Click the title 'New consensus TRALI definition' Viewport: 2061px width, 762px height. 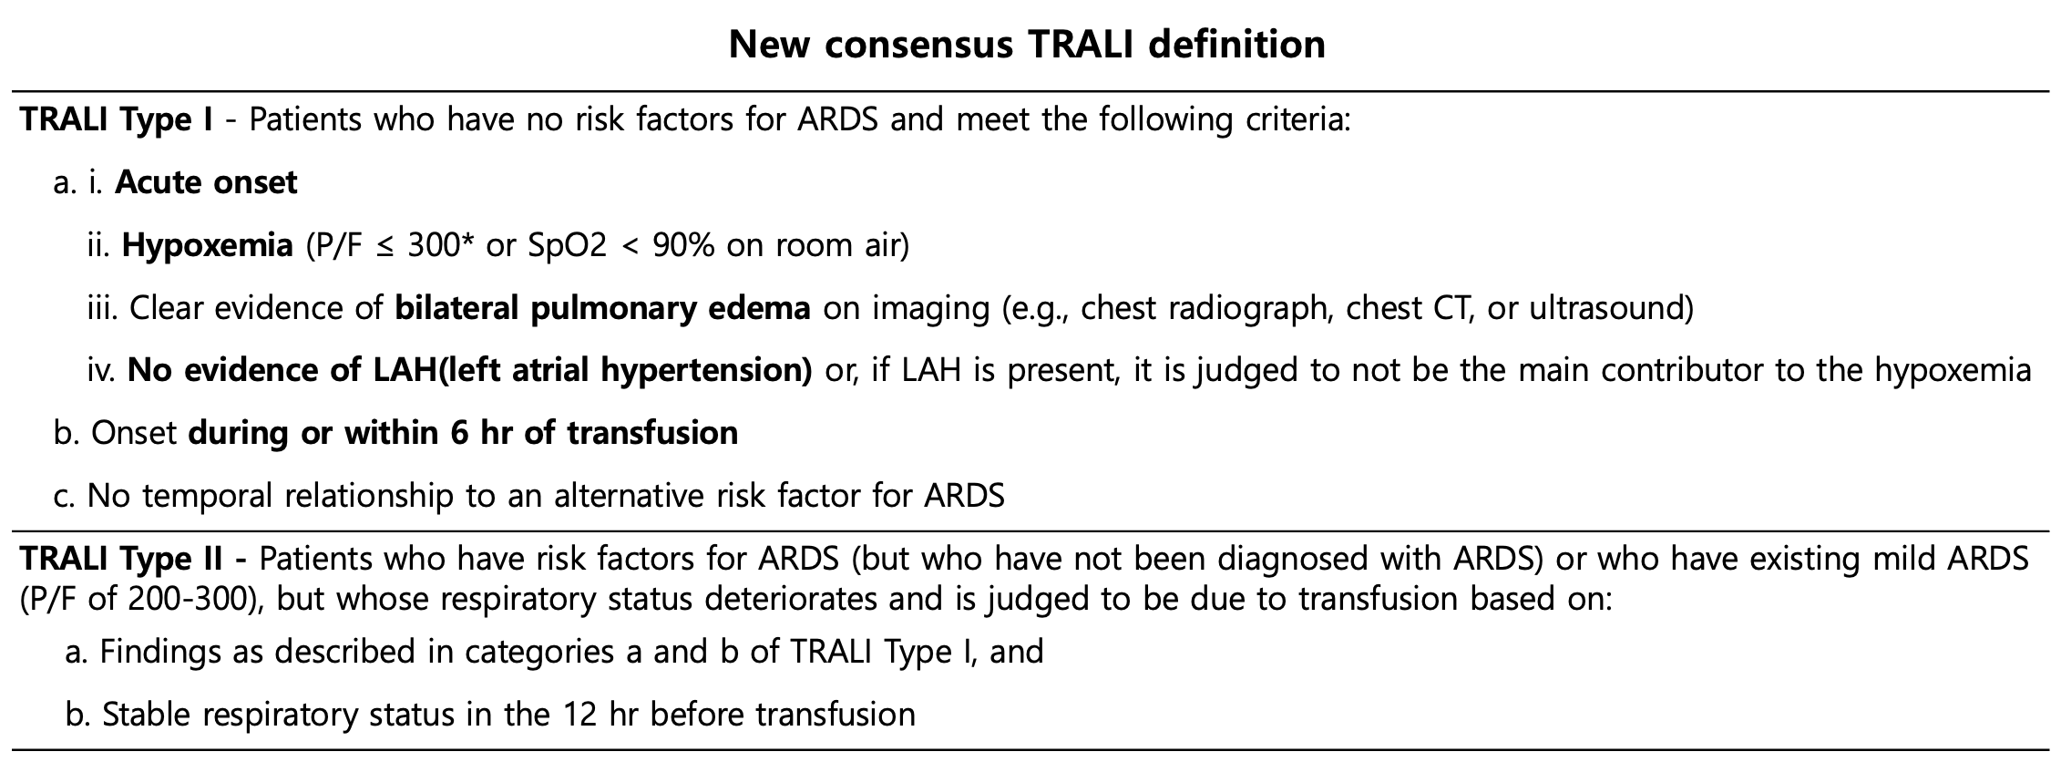pyautogui.click(x=1027, y=45)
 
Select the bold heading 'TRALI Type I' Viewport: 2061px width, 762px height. pyautogui.click(x=117, y=120)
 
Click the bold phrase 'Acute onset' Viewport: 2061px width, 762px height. pyautogui.click(x=206, y=182)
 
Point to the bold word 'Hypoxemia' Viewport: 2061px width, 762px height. pyautogui.click(x=208, y=246)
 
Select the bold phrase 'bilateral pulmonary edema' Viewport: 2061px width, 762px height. pyautogui.click(x=603, y=309)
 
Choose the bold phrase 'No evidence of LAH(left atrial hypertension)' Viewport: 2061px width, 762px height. pyautogui.click(x=470, y=371)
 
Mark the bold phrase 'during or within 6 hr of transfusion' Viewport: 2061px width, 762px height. pyautogui.click(x=463, y=433)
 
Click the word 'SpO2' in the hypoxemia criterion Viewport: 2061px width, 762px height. pyautogui.click(x=567, y=246)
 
